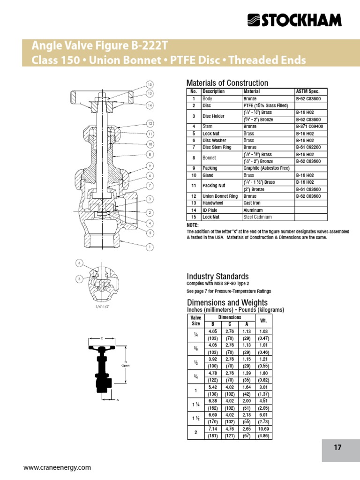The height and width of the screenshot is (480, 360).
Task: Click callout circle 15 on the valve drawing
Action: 150,84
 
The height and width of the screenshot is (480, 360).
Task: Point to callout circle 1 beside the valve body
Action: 150,247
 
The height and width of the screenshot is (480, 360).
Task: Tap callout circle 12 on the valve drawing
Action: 150,123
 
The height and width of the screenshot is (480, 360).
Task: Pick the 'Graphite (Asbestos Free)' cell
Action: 266,168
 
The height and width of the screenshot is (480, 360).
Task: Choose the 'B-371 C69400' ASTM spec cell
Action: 309,127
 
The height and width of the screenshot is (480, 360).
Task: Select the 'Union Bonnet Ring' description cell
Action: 220,196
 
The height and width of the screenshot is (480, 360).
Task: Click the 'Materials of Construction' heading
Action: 227,83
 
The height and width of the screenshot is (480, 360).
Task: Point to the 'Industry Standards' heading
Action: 217,277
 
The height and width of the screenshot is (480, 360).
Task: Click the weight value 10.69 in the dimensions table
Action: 263,429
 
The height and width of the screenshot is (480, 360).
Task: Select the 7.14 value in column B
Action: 213,429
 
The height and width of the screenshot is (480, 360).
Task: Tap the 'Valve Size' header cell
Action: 195,321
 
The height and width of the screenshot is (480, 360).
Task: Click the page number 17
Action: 337,448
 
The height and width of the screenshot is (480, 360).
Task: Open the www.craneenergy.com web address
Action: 57,467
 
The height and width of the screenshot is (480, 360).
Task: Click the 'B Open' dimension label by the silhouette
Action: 125,364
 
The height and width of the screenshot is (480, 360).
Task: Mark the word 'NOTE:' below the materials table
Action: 192,225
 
